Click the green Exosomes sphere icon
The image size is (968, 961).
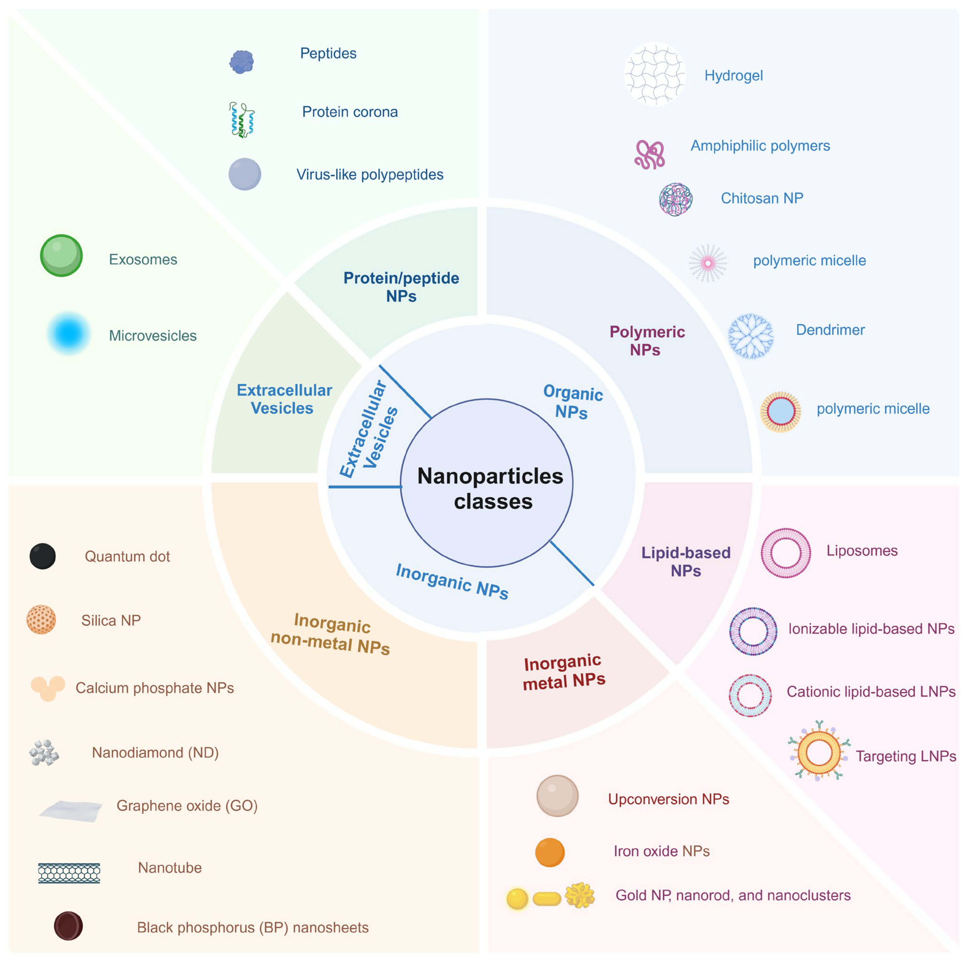(61, 255)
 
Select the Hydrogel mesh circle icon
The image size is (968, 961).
(654, 74)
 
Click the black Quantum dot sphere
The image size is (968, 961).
(42, 556)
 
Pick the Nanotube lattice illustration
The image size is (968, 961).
(69, 873)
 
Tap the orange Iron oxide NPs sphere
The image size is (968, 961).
(550, 852)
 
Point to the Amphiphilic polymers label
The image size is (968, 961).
(760, 146)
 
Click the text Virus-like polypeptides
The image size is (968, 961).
(370, 174)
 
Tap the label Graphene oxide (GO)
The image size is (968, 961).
(187, 806)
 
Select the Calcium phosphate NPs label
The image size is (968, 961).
(154, 688)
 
